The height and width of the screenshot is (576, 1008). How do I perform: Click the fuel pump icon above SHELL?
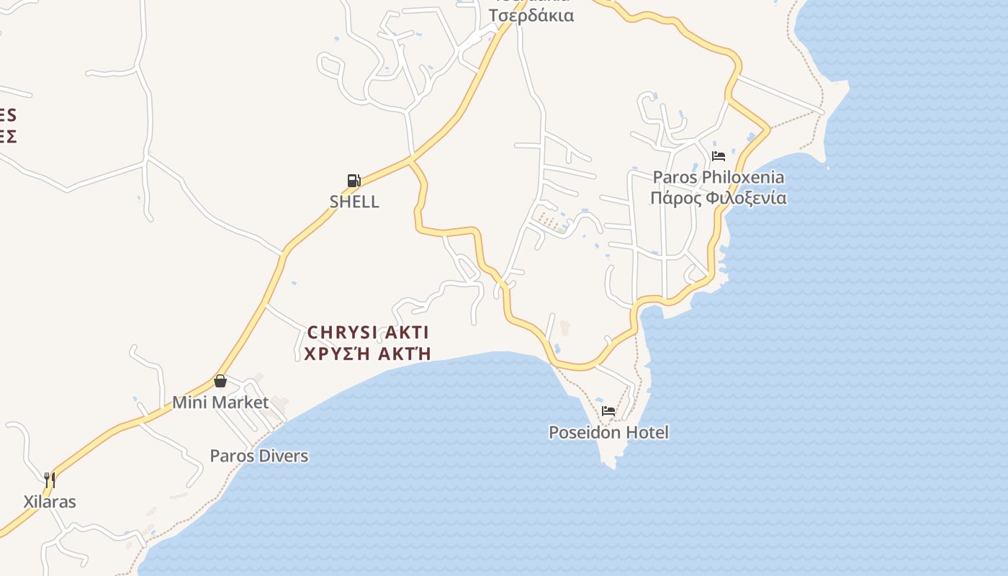coord(354,181)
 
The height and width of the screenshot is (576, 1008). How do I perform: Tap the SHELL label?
coord(354,202)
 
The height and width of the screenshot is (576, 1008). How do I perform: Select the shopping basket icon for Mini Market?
coord(220,381)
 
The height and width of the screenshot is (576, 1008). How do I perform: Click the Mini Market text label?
coord(220,402)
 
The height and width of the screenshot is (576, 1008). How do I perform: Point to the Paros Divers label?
coord(259,456)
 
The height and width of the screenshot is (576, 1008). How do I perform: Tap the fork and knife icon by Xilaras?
coord(50,480)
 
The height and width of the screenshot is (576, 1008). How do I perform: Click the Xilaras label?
coord(50,502)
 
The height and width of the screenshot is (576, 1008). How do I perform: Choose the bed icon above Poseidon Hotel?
coord(608,411)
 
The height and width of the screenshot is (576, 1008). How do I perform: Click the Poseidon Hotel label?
coord(608,433)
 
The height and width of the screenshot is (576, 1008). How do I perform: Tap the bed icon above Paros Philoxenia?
coord(718,156)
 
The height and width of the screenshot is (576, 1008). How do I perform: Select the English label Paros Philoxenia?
coord(719,177)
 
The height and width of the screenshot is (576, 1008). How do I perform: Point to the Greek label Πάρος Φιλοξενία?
coord(719,198)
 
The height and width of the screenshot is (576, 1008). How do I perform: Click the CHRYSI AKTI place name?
coord(368,333)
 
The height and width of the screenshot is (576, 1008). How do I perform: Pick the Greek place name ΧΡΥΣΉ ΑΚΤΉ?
coord(368,354)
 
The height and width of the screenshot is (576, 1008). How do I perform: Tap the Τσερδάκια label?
coord(531,16)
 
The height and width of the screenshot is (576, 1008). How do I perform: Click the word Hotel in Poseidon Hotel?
coord(647,433)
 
